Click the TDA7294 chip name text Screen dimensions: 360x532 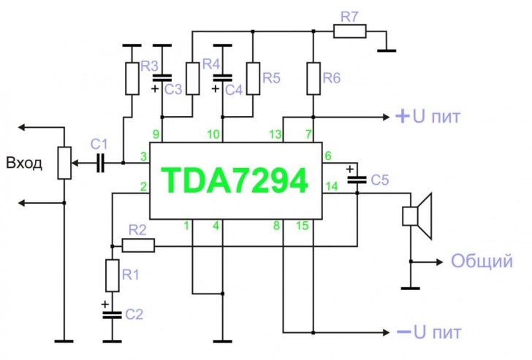(235, 180)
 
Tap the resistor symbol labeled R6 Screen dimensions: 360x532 (313, 79)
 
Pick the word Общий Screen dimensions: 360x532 (481, 261)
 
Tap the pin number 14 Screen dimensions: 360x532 (332, 187)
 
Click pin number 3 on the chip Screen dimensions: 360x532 (144, 156)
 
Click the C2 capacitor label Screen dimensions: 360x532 (133, 315)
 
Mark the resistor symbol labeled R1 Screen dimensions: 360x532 (112, 276)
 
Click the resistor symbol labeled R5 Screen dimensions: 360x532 (253, 78)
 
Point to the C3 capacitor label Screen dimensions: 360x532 (173, 89)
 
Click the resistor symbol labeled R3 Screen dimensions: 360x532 (132, 79)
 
